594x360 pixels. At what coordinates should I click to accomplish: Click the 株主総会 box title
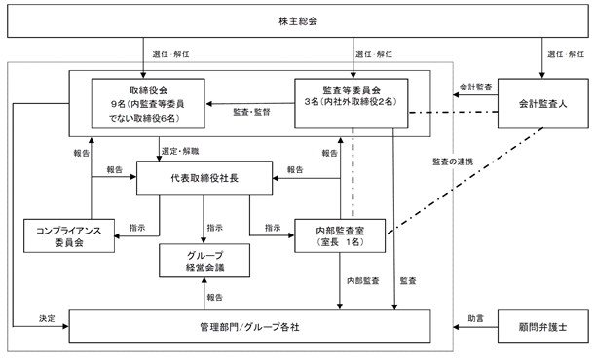[298, 21]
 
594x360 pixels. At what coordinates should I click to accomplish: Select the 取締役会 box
[148, 103]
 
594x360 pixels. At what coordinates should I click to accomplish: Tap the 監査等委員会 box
[352, 103]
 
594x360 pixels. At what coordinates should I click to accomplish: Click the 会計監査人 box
[542, 103]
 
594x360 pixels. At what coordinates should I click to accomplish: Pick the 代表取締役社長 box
[204, 178]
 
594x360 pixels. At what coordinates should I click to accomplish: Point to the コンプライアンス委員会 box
[69, 235]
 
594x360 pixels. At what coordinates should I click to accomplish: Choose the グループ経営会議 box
[204, 261]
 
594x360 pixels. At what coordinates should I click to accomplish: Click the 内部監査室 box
[340, 235]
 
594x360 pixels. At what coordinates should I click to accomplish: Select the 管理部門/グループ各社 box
[249, 327]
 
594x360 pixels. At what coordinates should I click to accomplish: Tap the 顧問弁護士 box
[542, 327]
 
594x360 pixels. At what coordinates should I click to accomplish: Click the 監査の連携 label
[453, 162]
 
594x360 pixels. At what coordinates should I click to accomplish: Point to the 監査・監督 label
[251, 112]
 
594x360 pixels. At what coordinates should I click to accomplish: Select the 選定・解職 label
[180, 151]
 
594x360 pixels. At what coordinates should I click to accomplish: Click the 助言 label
[476, 319]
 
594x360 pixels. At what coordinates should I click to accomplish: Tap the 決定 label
[47, 319]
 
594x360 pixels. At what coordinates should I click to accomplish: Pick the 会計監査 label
[476, 87]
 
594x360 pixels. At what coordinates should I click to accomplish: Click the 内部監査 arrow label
[363, 281]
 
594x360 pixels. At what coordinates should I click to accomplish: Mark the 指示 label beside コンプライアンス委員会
[137, 228]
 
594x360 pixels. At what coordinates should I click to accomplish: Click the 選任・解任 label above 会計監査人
[566, 54]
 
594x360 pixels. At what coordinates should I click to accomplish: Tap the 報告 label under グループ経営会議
[215, 298]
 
